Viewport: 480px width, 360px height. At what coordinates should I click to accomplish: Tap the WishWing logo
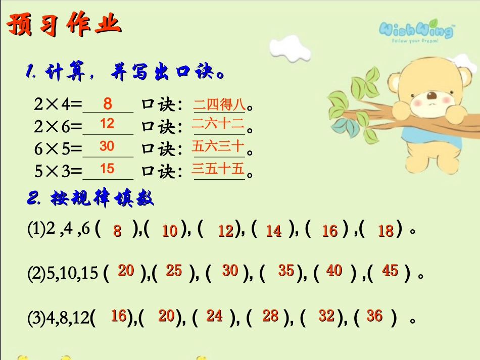point(416,31)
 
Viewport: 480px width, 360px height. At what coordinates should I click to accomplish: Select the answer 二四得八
point(219,105)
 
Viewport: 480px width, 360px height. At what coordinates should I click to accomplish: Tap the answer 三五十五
point(218,169)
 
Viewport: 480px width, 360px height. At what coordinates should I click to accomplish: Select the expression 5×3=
point(58,172)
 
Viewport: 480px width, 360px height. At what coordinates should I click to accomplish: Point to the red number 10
point(170,231)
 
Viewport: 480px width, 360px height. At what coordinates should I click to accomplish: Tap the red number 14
point(273,231)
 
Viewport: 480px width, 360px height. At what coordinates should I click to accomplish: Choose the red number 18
point(386,231)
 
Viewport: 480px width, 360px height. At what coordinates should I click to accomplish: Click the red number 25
point(174,271)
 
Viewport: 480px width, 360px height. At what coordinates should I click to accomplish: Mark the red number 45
point(390,271)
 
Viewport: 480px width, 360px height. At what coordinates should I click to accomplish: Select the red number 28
point(270,316)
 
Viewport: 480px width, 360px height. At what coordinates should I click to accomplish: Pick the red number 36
point(374,316)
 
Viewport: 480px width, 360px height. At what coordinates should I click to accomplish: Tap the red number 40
point(334,271)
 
